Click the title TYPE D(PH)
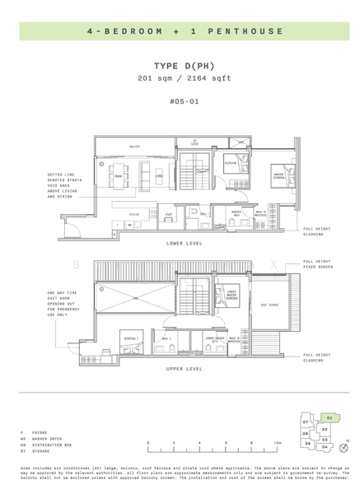(x=179, y=65)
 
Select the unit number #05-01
(x=179, y=101)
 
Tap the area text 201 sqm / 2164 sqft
(x=179, y=78)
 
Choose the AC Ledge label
(x=194, y=141)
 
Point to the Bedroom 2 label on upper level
(x=130, y=338)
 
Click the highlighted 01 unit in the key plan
(x=329, y=418)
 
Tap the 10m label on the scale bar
(x=278, y=442)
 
